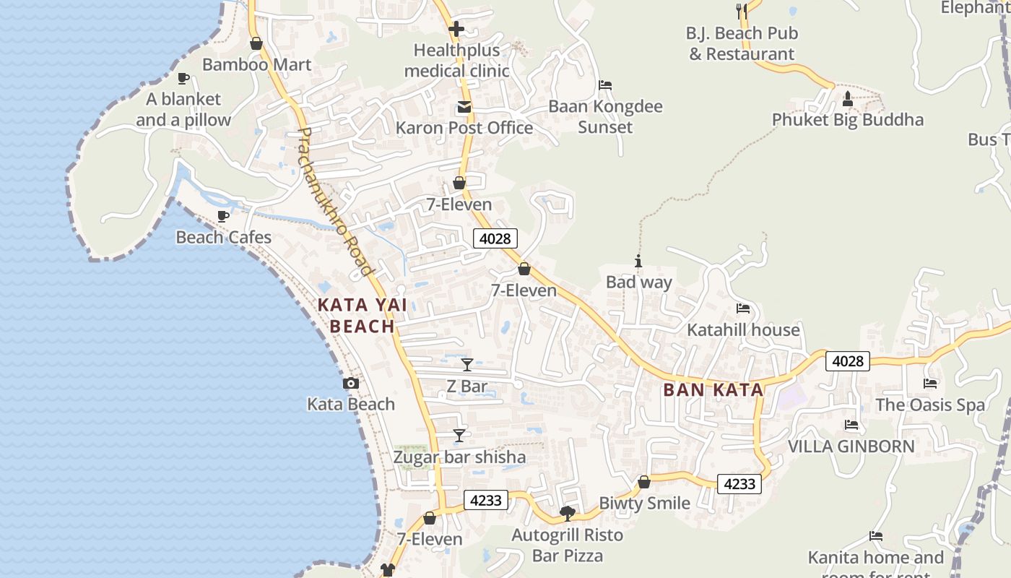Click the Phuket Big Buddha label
click(847, 120)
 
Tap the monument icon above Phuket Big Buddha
click(848, 98)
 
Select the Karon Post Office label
click(464, 128)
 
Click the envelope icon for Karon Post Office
click(464, 108)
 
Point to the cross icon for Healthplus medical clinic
click(456, 30)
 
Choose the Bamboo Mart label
click(256, 65)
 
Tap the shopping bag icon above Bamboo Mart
click(256, 43)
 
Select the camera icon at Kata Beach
click(351, 384)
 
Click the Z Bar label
click(467, 387)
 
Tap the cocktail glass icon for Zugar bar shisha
click(459, 435)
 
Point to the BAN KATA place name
click(713, 390)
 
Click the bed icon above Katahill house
click(743, 309)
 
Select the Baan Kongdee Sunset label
click(605, 117)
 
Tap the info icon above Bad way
click(638, 261)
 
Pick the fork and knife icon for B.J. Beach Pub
click(742, 11)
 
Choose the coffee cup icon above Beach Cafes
click(223, 216)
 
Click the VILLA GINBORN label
click(851, 447)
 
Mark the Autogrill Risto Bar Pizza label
click(567, 545)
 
